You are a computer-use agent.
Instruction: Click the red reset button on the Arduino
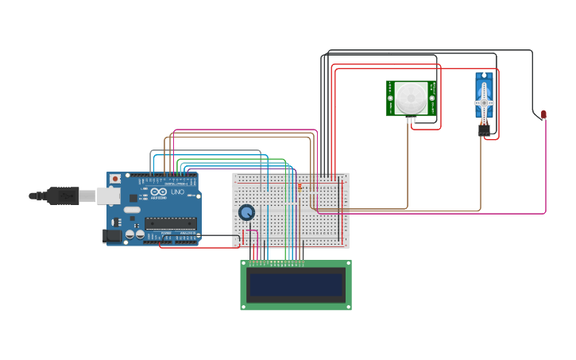(115, 179)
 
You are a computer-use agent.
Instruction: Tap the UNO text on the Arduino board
(177, 192)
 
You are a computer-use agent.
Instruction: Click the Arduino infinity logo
(159, 192)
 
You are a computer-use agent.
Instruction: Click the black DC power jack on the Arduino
(112, 235)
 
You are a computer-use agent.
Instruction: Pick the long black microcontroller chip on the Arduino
(170, 223)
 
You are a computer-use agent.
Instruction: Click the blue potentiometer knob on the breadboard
(247, 212)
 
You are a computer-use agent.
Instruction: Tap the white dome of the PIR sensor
(411, 97)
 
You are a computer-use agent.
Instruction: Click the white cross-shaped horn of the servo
(484, 103)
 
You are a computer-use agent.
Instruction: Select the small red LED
(543, 114)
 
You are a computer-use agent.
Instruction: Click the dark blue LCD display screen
(296, 285)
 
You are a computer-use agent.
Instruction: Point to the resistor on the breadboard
(300, 186)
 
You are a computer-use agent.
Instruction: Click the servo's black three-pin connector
(484, 130)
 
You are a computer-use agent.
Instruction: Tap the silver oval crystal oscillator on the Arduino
(132, 210)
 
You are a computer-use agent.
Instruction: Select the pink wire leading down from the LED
(546, 167)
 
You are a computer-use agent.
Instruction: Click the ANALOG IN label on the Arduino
(187, 233)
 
